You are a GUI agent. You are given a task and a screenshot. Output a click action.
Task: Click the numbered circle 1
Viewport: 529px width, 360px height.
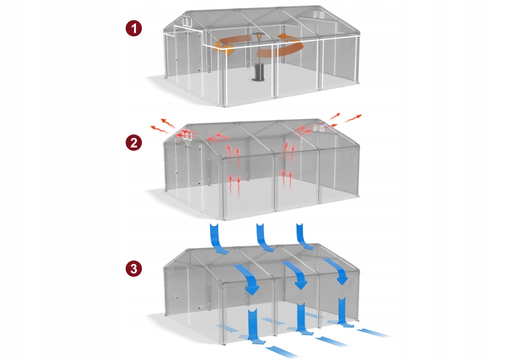[x=134, y=29]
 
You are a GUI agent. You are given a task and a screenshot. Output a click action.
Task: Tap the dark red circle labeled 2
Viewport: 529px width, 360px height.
[x=134, y=143]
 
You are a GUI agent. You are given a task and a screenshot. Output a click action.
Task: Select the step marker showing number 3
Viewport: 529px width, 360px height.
[x=134, y=269]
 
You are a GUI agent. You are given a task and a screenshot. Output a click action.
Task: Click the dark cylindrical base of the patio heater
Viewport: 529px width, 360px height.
[x=258, y=72]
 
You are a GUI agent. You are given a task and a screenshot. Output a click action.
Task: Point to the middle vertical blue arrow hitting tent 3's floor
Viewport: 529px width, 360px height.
[x=301, y=317]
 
